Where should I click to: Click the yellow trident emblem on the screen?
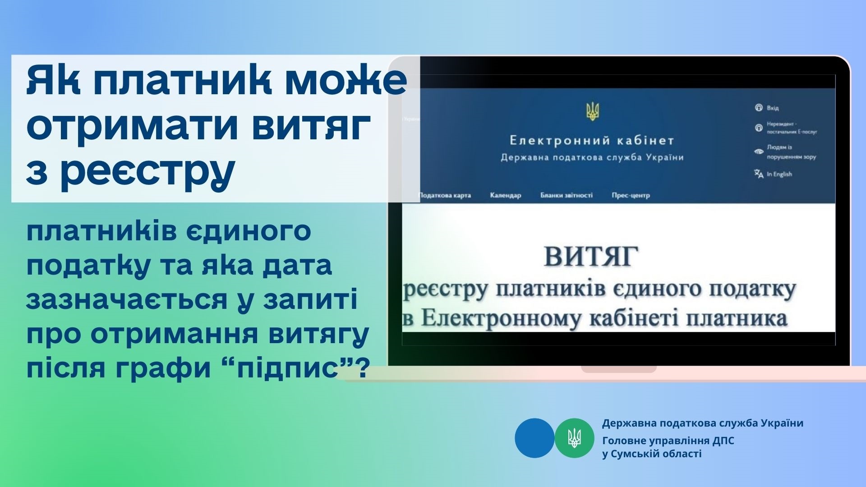point(592,111)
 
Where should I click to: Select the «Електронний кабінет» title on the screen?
point(592,141)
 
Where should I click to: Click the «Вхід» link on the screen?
point(773,108)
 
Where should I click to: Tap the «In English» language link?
point(779,174)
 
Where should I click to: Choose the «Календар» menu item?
point(505,195)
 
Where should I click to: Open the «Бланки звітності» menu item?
point(567,195)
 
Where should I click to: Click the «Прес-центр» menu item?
point(631,195)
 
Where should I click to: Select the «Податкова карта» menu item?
point(445,195)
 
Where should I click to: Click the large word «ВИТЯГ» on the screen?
point(591,256)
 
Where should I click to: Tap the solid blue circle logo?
point(534,438)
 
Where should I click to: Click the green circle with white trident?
point(574,438)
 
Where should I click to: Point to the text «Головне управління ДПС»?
point(668,441)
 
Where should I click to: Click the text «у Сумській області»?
point(652,454)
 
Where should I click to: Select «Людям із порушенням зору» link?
point(792,152)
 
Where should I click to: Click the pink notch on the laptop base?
point(618,369)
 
